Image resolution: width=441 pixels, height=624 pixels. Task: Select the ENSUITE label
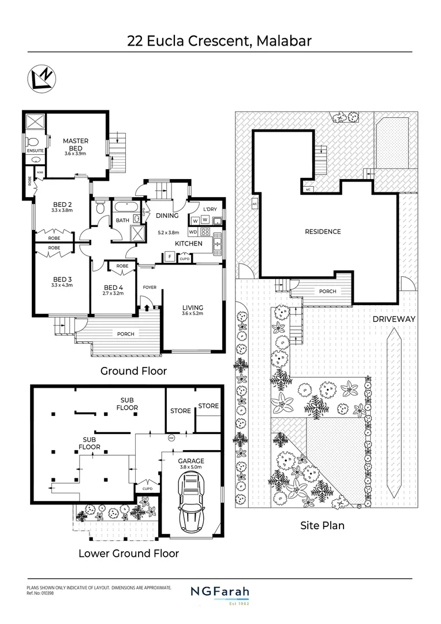(35, 151)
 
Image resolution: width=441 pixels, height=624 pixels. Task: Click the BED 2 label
(62, 204)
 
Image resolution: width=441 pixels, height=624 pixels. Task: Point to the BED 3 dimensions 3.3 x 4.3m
(62, 285)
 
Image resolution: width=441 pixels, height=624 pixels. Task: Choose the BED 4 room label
(113, 287)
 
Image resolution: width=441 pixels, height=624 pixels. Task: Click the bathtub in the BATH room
(125, 207)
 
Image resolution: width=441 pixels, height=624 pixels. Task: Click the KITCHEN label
(188, 243)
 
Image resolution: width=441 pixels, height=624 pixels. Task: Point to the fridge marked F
(170, 256)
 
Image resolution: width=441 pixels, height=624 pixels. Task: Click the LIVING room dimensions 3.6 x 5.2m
(193, 314)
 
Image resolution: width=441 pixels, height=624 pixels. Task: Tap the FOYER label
(150, 287)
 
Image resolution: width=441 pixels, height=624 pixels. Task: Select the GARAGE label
(191, 460)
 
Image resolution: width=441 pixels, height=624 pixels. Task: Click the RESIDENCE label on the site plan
(323, 232)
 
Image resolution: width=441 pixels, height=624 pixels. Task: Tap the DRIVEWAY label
(395, 319)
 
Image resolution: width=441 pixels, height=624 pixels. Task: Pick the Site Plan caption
(322, 526)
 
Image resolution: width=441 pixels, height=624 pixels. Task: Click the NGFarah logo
(220, 592)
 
